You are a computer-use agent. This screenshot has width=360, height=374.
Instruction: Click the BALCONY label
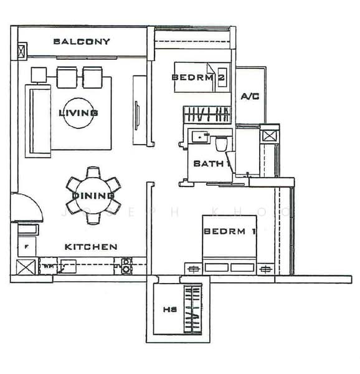click(x=82, y=42)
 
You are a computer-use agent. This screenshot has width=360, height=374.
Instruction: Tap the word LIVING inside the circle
click(x=78, y=113)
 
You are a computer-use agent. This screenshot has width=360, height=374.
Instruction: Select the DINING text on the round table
click(x=93, y=196)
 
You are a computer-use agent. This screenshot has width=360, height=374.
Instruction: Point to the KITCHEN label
click(x=91, y=247)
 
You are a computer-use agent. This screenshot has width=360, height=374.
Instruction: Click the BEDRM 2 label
click(x=198, y=77)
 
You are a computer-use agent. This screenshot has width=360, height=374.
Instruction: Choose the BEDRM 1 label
click(x=230, y=231)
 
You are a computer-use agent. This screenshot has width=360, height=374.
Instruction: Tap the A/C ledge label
click(x=250, y=97)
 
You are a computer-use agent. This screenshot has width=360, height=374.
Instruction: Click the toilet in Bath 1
click(x=221, y=144)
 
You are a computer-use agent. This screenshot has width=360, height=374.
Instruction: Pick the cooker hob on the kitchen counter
click(x=126, y=266)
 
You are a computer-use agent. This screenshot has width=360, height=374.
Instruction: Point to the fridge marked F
click(x=27, y=247)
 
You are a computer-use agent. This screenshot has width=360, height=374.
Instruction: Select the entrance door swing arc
click(x=27, y=207)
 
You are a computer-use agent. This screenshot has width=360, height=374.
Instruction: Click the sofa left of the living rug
click(x=37, y=119)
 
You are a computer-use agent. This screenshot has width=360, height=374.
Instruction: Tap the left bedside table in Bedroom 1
click(x=192, y=269)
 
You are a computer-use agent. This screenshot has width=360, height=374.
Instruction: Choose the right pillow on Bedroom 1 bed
click(x=242, y=268)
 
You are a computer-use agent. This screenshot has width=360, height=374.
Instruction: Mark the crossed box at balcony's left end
click(x=22, y=50)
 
